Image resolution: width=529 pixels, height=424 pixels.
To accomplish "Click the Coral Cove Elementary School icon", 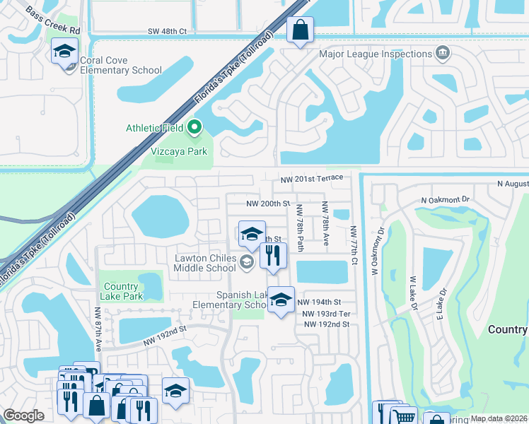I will [64, 52].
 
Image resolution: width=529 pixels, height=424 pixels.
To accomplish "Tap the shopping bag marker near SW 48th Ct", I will [300, 30].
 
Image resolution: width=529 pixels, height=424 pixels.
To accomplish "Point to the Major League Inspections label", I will [375, 54].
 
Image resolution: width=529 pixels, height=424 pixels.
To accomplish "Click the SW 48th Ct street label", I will [167, 32].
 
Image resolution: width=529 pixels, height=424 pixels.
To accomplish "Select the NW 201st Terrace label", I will [311, 178].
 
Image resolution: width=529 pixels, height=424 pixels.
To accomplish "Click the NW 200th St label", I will [268, 204].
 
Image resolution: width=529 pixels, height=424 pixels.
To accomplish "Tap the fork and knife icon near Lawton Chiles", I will [274, 255].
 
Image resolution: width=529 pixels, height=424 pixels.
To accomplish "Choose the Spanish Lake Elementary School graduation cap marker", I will [281, 300].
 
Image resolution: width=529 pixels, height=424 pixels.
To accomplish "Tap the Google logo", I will [23, 416].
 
